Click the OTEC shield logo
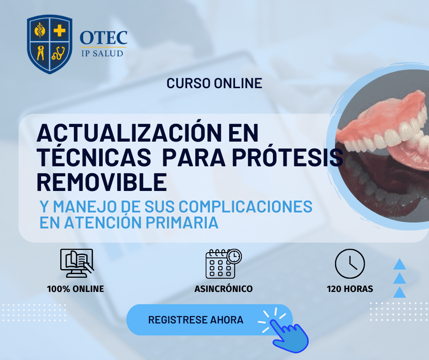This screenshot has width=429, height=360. click(x=49, y=43)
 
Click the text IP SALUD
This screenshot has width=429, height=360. click(x=103, y=53)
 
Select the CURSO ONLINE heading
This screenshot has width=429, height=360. click(x=214, y=83)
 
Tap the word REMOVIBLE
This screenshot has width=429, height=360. click(x=101, y=182)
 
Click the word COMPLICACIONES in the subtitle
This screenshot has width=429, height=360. click(x=246, y=206)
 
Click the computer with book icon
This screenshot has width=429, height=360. click(x=77, y=264)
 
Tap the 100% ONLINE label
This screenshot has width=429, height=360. click(x=75, y=289)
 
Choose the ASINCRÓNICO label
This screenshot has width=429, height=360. click(x=223, y=289)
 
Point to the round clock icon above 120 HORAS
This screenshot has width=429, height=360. click(x=350, y=264)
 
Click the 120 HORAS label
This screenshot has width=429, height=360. click(x=350, y=289)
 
